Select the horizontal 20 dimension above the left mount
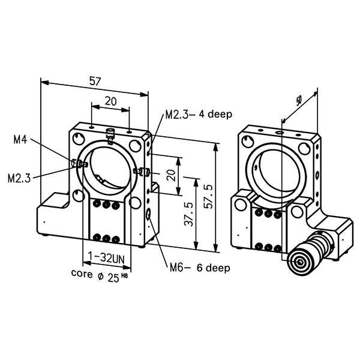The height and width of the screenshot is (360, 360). tap(110, 101)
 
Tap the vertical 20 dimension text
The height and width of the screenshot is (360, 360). tap(171, 175)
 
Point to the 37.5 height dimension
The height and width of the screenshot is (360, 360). tap(188, 213)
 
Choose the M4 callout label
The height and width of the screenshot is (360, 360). tap(20, 140)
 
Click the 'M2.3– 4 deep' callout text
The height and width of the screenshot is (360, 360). tap(199, 115)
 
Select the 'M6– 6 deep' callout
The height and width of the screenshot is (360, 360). tap(198, 268)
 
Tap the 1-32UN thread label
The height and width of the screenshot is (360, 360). tap(106, 259)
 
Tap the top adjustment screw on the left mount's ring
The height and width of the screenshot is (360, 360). tap(109, 136)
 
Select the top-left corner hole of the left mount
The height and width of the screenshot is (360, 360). tap(79, 140)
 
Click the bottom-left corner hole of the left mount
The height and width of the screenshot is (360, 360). tap(79, 194)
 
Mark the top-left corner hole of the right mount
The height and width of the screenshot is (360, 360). tap(246, 141)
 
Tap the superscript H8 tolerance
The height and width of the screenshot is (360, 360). tap(125, 275)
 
